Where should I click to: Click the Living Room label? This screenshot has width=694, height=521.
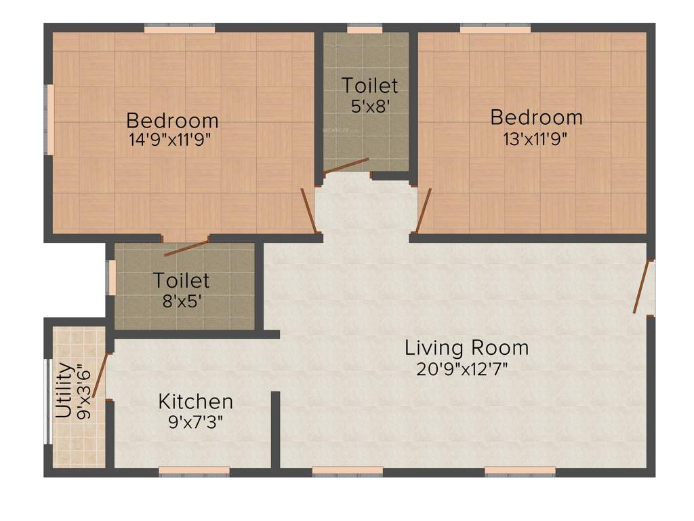[x=466, y=348]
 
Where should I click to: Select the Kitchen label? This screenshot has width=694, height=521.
[x=196, y=401]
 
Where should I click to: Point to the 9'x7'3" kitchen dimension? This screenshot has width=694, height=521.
[x=196, y=421]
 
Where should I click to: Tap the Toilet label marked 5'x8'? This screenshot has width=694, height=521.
[x=369, y=86]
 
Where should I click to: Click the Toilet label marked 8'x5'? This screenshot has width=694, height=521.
[x=181, y=279]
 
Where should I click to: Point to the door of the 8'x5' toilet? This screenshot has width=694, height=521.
[x=186, y=248]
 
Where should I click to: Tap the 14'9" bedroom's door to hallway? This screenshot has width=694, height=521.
[x=308, y=211]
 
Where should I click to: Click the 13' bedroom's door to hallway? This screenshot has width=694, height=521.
[x=424, y=211]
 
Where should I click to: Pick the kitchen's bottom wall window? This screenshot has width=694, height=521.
[x=194, y=470]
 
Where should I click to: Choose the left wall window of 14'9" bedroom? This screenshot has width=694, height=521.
[x=49, y=119]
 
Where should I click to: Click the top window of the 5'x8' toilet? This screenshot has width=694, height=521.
[x=365, y=29]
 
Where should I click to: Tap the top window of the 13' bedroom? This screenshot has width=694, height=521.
[x=495, y=29]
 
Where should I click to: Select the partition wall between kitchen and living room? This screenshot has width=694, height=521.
[x=275, y=429]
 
